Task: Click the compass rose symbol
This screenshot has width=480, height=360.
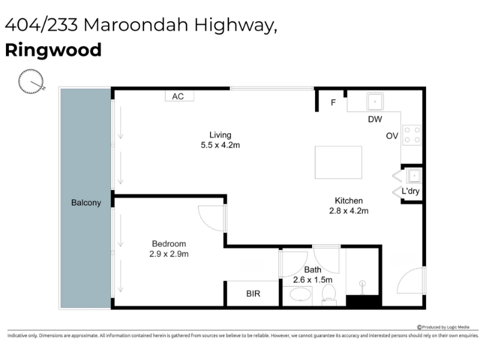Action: point(31,81)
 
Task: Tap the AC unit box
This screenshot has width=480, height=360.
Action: point(179,96)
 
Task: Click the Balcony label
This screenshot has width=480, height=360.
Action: point(86,203)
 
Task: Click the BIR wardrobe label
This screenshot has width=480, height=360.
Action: point(253,293)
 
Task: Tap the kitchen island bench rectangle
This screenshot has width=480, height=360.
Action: point(338,162)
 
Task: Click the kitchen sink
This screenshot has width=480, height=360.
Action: point(375,101)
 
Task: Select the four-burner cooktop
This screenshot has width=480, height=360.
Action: point(412,135)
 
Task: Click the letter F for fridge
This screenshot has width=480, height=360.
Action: point(334,103)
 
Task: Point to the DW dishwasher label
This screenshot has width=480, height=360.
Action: point(375,119)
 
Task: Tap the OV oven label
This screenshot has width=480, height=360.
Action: point(392,136)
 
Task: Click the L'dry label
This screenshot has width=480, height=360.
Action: point(410,191)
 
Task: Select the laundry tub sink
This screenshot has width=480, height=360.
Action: point(414,176)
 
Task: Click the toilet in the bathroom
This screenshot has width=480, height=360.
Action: point(329,295)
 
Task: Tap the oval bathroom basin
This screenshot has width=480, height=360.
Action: point(301,295)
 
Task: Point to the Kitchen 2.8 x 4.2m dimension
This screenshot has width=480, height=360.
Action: point(349,206)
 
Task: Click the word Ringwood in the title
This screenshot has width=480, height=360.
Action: point(53,50)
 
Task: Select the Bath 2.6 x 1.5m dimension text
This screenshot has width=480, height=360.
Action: point(313,275)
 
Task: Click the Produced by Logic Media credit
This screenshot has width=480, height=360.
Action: point(443,327)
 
